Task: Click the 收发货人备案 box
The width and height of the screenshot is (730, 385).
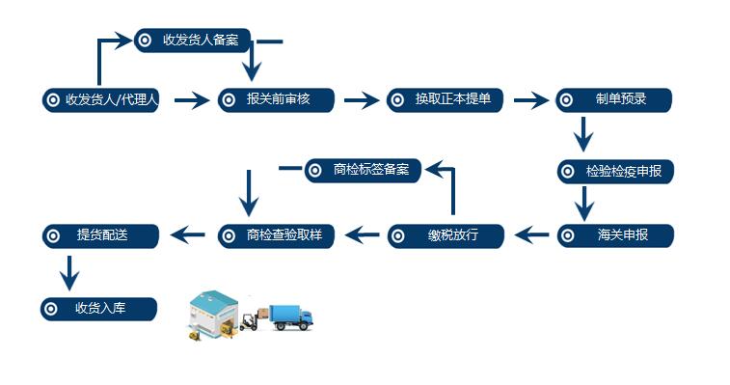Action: coord(193,41)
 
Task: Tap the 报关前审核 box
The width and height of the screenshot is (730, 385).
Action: coord(277,100)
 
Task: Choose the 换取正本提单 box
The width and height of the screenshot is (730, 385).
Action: coord(446,100)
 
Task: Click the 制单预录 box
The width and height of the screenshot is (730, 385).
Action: coord(614,100)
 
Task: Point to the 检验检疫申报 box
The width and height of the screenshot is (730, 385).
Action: coord(615,172)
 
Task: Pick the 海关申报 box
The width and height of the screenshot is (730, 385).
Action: coord(615,235)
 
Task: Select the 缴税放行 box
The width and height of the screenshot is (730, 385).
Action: coord(446,235)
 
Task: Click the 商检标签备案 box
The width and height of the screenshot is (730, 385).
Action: coord(364,171)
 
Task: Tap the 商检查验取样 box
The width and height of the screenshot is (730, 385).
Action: coord(277,235)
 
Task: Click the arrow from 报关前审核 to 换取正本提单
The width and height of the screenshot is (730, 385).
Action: coord(362,100)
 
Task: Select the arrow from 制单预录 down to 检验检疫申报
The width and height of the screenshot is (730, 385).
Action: coord(582,134)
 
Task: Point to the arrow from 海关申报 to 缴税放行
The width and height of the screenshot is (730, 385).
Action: coord(530,234)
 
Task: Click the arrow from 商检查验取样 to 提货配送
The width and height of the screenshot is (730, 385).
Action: coord(189,234)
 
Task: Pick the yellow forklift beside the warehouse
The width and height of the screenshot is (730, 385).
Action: coord(248,321)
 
